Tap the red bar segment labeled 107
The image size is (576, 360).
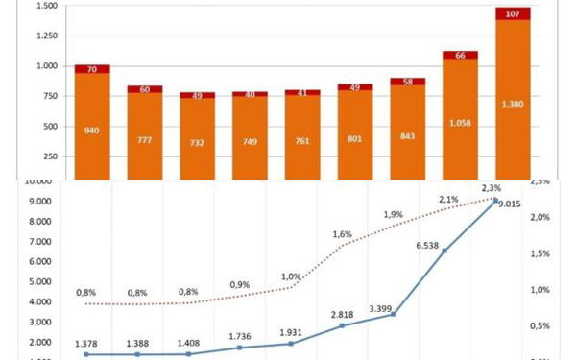click(513, 13)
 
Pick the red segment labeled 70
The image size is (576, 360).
click(92, 69)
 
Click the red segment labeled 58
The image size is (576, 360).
click(407, 83)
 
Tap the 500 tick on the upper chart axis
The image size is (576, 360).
click(50, 126)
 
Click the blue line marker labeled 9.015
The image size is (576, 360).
click(495, 201)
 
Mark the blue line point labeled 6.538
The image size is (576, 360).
click(444, 251)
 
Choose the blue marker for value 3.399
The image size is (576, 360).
click(393, 314)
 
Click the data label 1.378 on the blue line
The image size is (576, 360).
click(87, 343)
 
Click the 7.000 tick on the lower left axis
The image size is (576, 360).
click(38, 241)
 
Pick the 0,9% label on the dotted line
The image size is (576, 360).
click(241, 284)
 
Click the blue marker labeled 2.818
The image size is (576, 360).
click(342, 326)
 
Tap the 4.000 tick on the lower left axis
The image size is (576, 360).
click(38, 301)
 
